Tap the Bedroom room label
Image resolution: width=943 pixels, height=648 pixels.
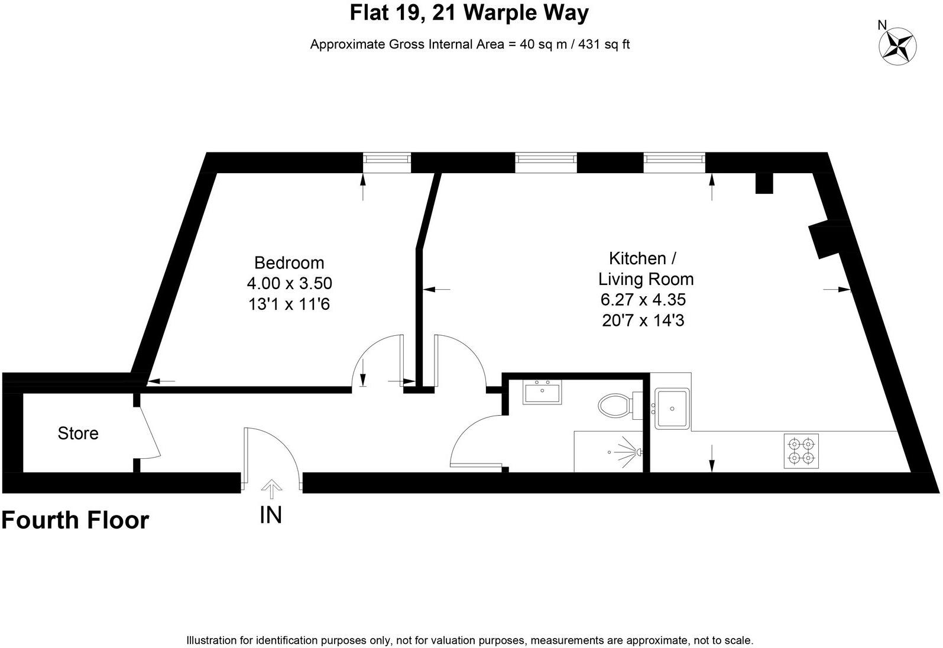(x=289, y=263)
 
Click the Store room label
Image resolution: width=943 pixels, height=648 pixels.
(x=78, y=433)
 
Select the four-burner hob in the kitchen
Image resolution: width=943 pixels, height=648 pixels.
(x=801, y=451)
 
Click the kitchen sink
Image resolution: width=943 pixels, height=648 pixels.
(x=672, y=409)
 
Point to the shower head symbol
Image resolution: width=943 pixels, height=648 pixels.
(x=639, y=452)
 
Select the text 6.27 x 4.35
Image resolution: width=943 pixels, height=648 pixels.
(x=643, y=300)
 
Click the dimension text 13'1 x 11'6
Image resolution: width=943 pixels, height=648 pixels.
(x=289, y=304)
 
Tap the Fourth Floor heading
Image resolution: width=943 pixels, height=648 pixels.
(x=75, y=520)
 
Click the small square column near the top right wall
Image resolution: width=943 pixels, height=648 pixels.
(x=764, y=183)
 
